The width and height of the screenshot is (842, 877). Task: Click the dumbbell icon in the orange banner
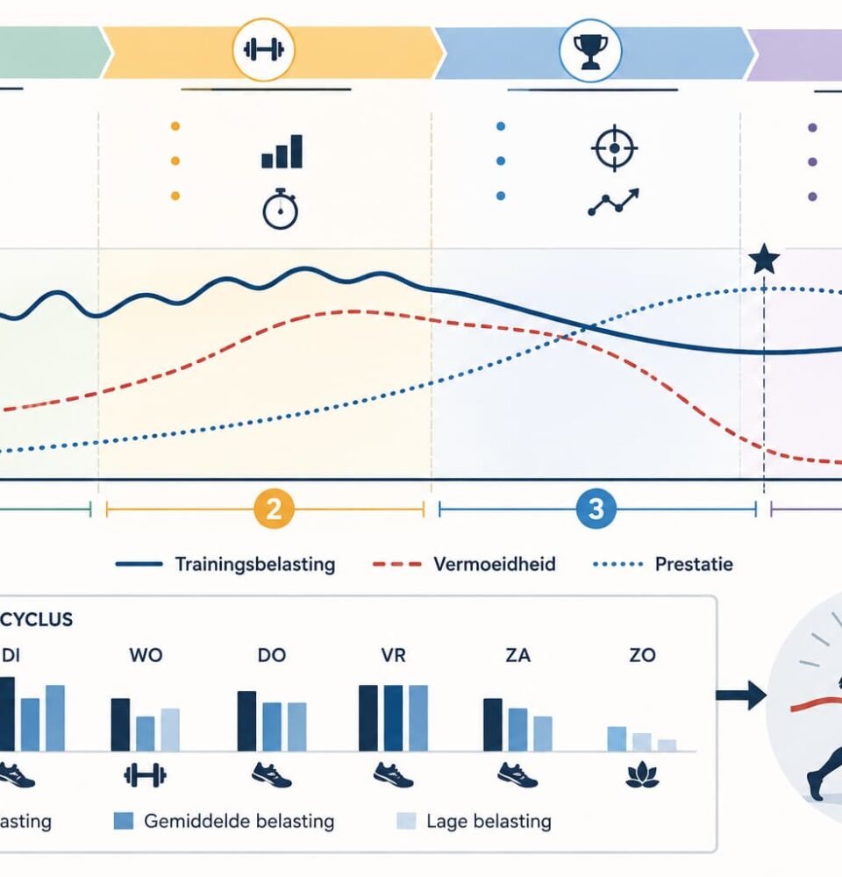pyautogui.click(x=263, y=50)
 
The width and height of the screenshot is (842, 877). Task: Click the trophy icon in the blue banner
pyautogui.click(x=591, y=51)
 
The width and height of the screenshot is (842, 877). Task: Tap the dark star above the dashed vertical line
pyautogui.click(x=764, y=259)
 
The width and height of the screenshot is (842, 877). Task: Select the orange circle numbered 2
pyautogui.click(x=274, y=509)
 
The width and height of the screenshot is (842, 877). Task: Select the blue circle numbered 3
pyautogui.click(x=596, y=509)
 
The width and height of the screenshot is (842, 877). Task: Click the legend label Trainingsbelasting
pyautogui.click(x=255, y=564)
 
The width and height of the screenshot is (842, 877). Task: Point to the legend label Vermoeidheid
pyautogui.click(x=495, y=564)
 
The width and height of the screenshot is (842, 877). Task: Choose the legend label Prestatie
pyautogui.click(x=694, y=564)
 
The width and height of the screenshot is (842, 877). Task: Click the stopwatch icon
pyautogui.click(x=281, y=209)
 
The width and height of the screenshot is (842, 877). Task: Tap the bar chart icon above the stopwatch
pyautogui.click(x=282, y=151)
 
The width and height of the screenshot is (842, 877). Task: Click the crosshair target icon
pyautogui.click(x=614, y=147)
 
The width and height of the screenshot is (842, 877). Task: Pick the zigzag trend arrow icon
pyautogui.click(x=613, y=202)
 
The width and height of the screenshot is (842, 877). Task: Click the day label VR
pyautogui.click(x=393, y=655)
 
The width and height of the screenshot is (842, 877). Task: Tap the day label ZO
pyautogui.click(x=642, y=655)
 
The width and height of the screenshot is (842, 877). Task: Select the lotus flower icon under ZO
pyautogui.click(x=642, y=775)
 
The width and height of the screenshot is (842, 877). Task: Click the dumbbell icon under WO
pyautogui.click(x=145, y=775)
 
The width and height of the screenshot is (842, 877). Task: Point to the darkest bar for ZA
pyautogui.click(x=493, y=724)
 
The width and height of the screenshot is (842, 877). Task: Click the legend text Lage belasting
pyautogui.click(x=489, y=821)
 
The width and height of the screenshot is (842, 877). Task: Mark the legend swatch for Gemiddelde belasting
pyautogui.click(x=124, y=821)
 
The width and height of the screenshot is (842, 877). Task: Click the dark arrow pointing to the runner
pyautogui.click(x=741, y=695)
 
